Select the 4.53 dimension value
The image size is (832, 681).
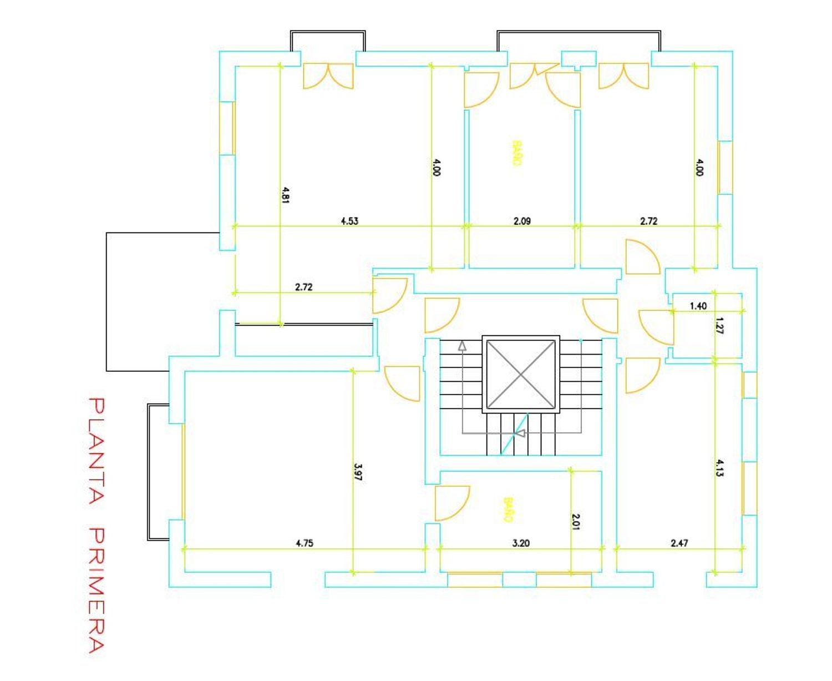[x=349, y=221]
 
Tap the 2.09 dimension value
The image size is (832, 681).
[x=522, y=221]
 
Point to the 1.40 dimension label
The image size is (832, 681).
[x=698, y=306]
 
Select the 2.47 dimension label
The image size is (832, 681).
[x=679, y=543]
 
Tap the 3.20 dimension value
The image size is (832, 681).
[x=521, y=543]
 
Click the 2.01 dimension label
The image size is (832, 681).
[x=576, y=521]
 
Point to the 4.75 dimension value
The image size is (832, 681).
[x=305, y=543]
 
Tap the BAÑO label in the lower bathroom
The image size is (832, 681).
[x=509, y=510]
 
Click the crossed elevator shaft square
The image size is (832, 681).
[x=521, y=374]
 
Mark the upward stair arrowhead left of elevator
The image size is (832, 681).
[x=462, y=346]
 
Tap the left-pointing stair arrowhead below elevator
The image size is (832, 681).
[x=520, y=433]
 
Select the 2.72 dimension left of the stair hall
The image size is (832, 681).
[x=304, y=287]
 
